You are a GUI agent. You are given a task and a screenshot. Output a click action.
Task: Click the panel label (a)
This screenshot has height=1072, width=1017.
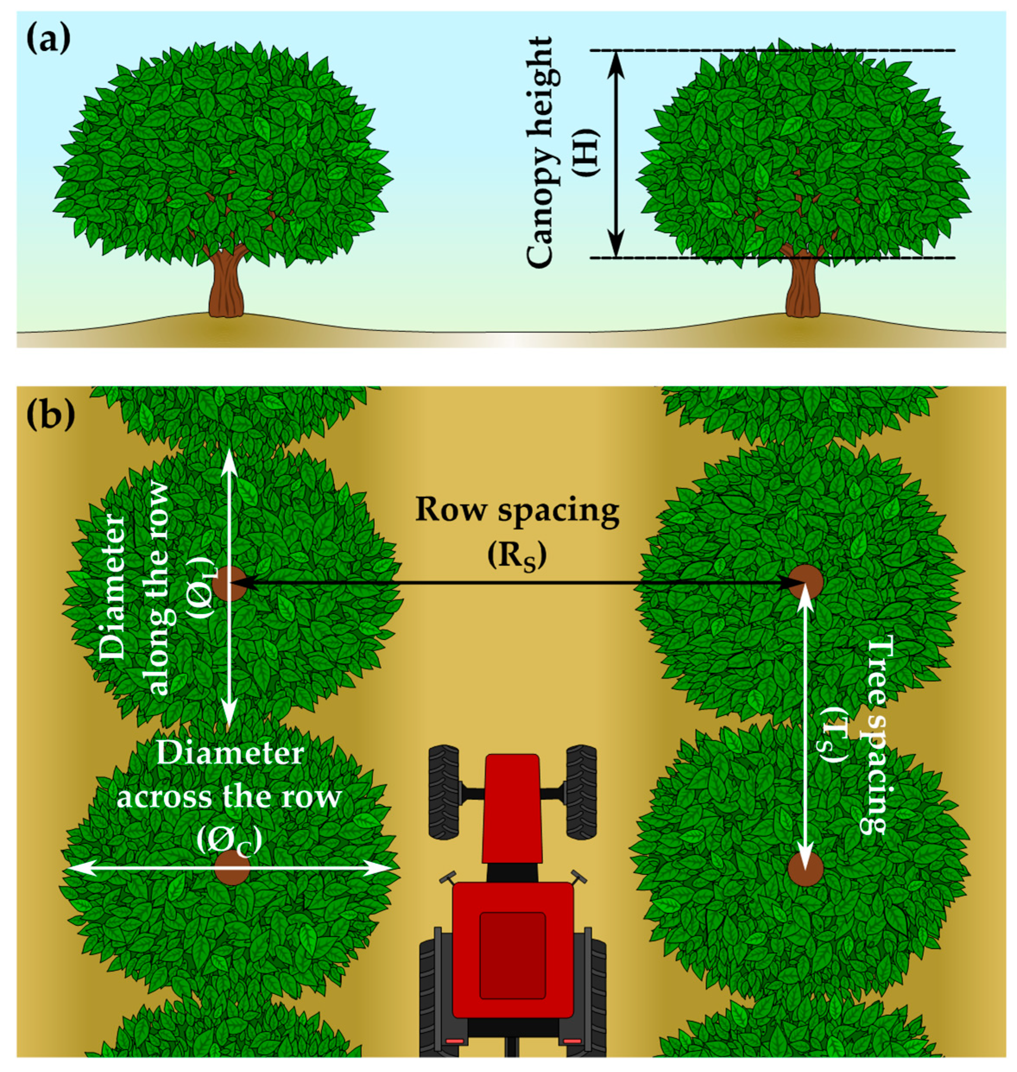click(49, 41)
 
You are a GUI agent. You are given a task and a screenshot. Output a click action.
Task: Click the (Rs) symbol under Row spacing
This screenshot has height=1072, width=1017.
click(516, 556)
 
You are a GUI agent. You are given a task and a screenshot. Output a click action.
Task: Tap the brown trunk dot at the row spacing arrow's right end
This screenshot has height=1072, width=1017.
click(806, 582)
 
